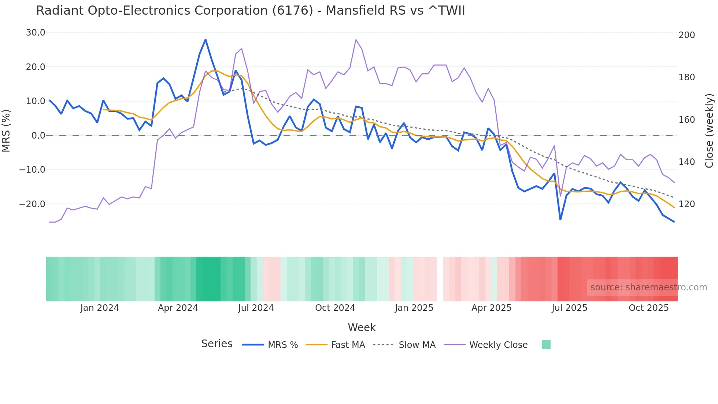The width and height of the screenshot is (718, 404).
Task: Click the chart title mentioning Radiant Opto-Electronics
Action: pyautogui.click(x=250, y=11)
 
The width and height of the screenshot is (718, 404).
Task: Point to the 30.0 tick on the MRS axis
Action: pyautogui.click(x=36, y=33)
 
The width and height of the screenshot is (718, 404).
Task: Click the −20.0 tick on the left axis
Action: pyautogui.click(x=32, y=204)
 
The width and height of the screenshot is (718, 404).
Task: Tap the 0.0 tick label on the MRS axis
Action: pyautogui.click(x=38, y=136)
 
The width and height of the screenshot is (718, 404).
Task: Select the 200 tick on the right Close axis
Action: pyautogui.click(x=686, y=35)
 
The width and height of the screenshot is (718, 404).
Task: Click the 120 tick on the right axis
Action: pyautogui.click(x=686, y=204)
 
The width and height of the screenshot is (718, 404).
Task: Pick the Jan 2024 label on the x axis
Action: pyautogui.click(x=100, y=308)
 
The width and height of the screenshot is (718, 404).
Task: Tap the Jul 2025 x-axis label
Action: pyautogui.click(x=569, y=308)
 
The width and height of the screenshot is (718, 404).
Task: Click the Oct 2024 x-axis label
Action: pyautogui.click(x=335, y=308)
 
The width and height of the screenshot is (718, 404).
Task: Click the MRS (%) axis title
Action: pyautogui.click(x=6, y=131)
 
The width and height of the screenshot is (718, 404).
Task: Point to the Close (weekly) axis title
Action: pyautogui.click(x=709, y=131)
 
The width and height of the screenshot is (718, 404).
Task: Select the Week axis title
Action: pyautogui.click(x=362, y=327)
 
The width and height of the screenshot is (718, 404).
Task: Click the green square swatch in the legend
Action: pyautogui.click(x=546, y=345)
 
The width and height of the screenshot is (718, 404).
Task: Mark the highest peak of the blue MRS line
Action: pyautogui.click(x=206, y=40)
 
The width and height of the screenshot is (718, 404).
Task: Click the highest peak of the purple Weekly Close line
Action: pyautogui.click(x=356, y=40)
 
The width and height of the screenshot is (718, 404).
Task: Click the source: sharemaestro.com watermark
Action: pyautogui.click(x=648, y=287)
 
